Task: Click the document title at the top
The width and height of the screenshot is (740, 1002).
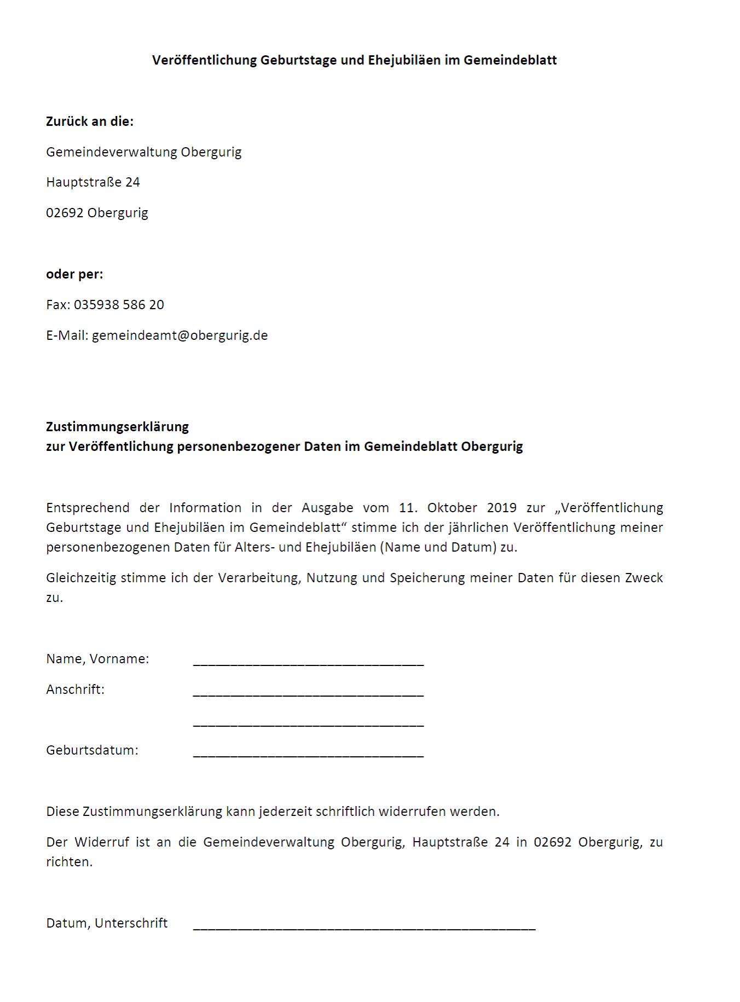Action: pyautogui.click(x=354, y=60)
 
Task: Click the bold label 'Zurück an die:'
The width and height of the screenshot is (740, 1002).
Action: pyautogui.click(x=90, y=121)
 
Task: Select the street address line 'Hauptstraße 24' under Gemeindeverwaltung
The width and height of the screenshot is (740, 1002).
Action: pyautogui.click(x=93, y=182)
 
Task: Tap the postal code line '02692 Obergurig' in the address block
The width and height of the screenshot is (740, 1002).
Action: pyautogui.click(x=97, y=213)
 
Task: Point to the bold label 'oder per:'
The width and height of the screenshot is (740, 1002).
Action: pyautogui.click(x=74, y=274)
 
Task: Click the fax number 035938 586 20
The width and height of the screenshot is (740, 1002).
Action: pyautogui.click(x=119, y=305)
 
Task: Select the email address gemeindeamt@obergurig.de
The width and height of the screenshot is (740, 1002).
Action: pyautogui.click(x=180, y=335)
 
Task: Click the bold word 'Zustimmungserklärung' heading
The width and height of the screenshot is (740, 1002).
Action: pyautogui.click(x=117, y=427)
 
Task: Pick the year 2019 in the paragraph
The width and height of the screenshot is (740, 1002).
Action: pyautogui.click(x=501, y=508)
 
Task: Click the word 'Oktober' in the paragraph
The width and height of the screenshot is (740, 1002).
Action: pyautogui.click(x=452, y=508)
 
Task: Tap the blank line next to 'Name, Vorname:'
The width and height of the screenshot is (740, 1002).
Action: pyautogui.click(x=308, y=662)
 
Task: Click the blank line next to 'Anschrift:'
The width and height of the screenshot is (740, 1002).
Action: pyautogui.click(x=308, y=693)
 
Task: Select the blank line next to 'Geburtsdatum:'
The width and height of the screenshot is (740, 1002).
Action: pyautogui.click(x=308, y=754)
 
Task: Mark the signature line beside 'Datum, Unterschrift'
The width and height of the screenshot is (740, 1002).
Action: pyautogui.click(x=364, y=926)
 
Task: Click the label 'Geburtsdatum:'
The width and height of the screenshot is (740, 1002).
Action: pyautogui.click(x=92, y=750)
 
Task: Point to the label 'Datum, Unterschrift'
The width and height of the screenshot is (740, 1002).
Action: pyautogui.click(x=107, y=923)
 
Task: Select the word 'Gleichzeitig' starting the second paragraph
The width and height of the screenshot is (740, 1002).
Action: pyautogui.click(x=81, y=578)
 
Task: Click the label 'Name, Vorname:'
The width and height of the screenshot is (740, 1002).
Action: pyautogui.click(x=97, y=659)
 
